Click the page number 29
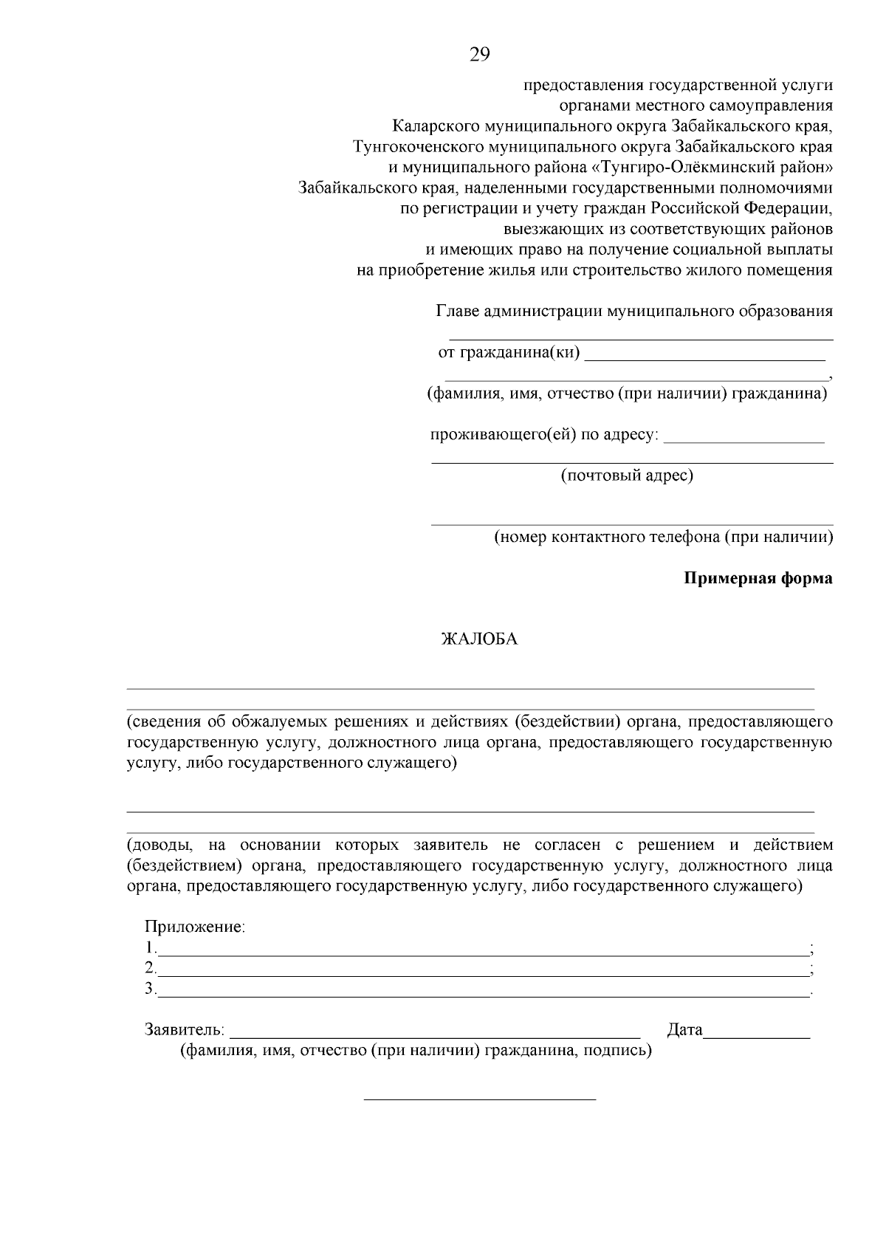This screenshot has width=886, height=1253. (x=479, y=55)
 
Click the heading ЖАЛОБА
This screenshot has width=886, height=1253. (x=479, y=639)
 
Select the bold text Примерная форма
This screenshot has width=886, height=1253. (x=758, y=578)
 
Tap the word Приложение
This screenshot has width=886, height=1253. (x=195, y=927)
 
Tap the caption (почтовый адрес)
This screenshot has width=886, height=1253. (x=627, y=475)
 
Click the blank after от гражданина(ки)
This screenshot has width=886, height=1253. (x=704, y=356)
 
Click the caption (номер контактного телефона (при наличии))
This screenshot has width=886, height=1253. (x=663, y=537)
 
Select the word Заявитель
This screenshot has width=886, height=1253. (x=184, y=1029)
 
